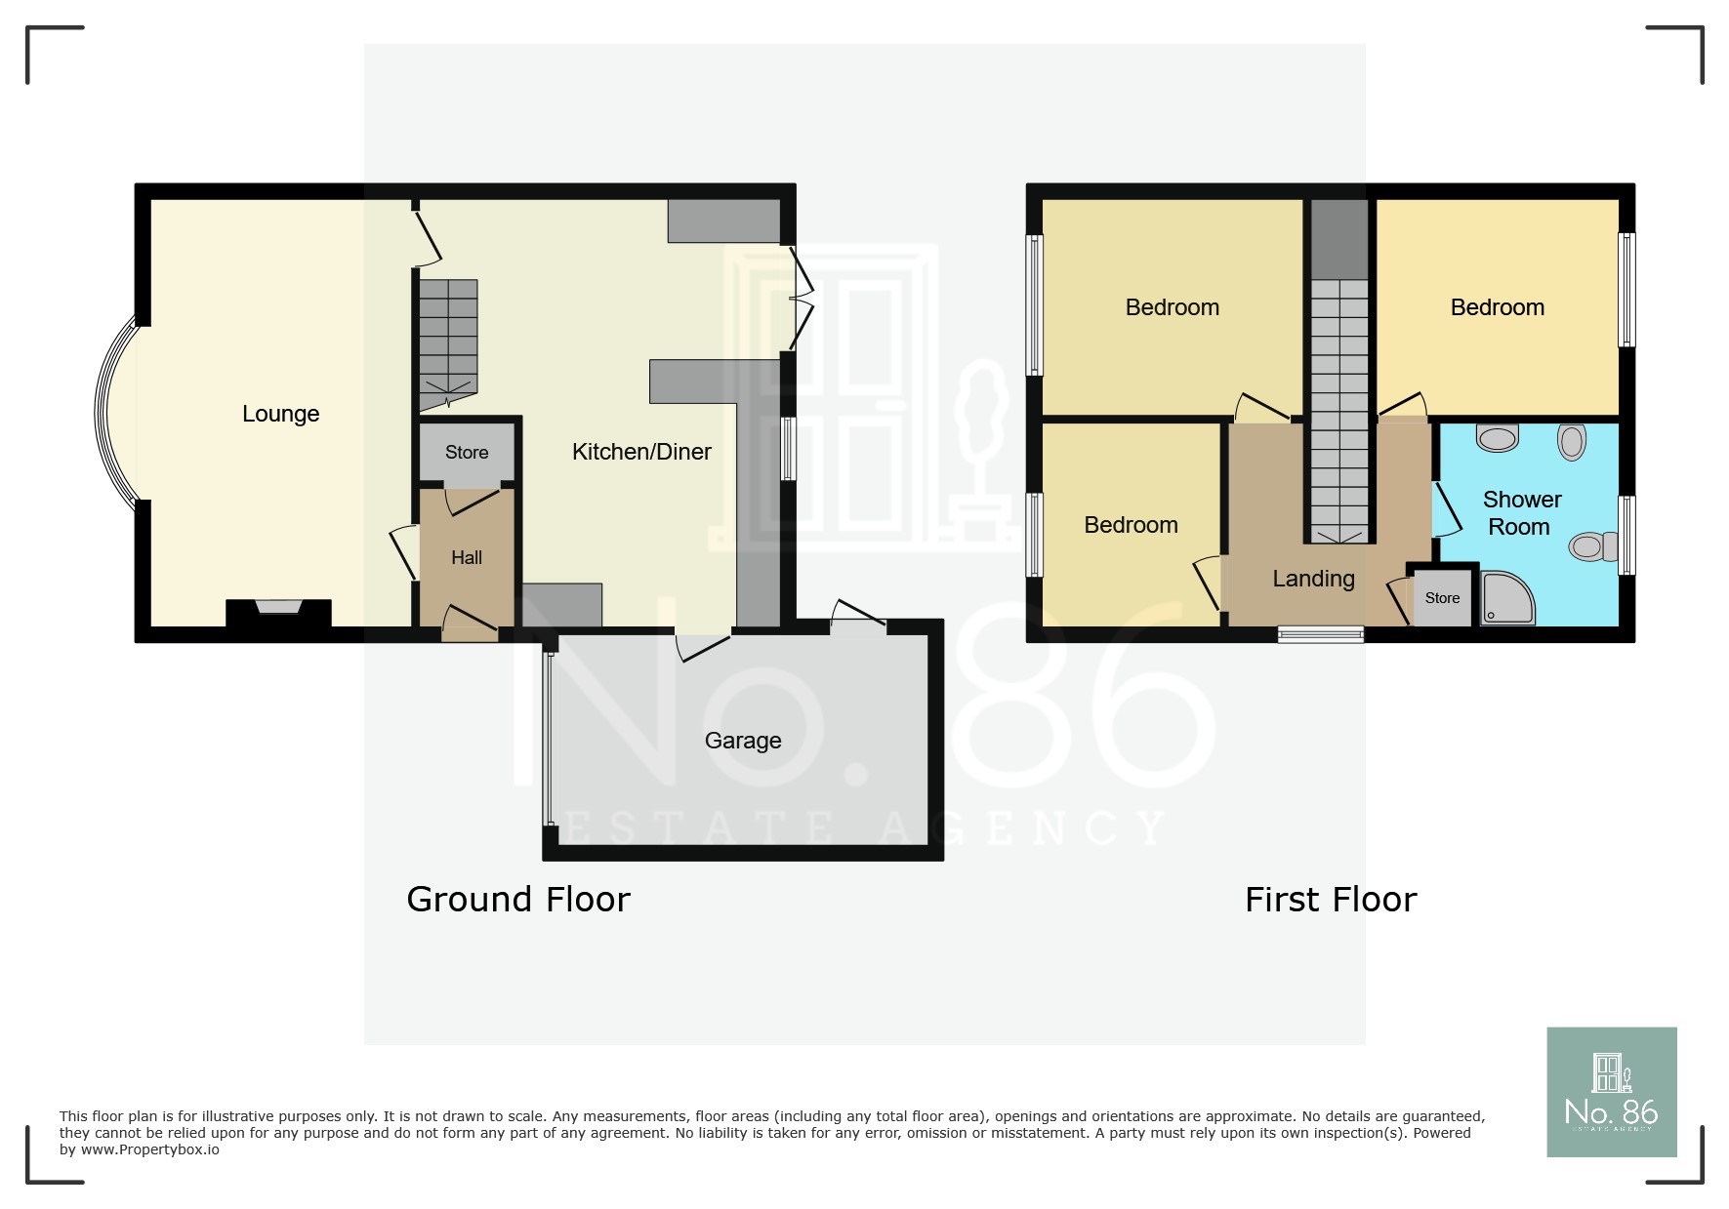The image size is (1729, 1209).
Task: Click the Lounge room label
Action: (x=280, y=414)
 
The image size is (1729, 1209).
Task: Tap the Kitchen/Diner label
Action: (x=641, y=452)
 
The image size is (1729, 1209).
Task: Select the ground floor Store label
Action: (x=467, y=453)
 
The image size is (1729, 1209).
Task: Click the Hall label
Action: (x=467, y=558)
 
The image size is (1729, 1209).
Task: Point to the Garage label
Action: (x=743, y=741)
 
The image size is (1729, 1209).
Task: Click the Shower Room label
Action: (x=1521, y=513)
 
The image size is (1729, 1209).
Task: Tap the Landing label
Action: (x=1313, y=579)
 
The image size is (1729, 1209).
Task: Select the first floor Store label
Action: (x=1442, y=598)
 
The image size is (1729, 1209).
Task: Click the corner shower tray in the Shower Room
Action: (x=1505, y=598)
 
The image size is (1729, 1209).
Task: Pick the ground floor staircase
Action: (x=448, y=342)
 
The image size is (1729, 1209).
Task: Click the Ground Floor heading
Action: (x=518, y=899)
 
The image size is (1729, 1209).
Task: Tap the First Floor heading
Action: (x=1331, y=899)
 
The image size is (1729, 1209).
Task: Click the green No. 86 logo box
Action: (x=1611, y=1091)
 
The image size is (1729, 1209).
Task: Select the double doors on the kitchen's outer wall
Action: (x=801, y=299)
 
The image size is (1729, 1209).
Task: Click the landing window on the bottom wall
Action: (x=1321, y=634)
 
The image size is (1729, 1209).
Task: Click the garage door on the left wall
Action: (x=549, y=739)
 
